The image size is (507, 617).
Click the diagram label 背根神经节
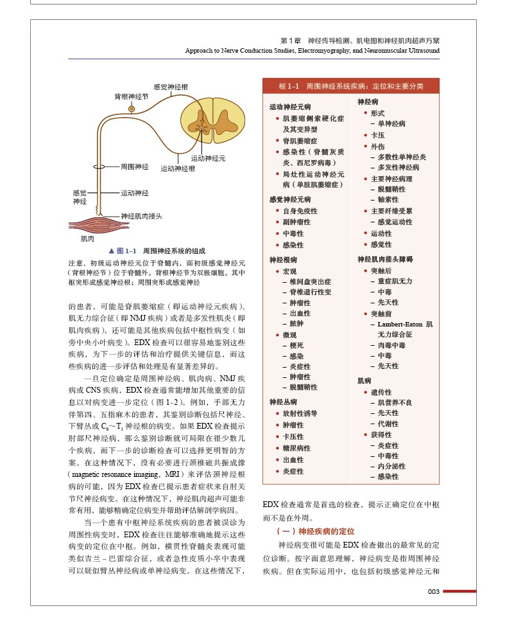(132, 96)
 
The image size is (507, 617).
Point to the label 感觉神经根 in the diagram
(171, 87)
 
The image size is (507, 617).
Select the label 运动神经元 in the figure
(208, 157)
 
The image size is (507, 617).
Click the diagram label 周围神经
(135, 167)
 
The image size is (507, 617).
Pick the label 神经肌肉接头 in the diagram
(141, 216)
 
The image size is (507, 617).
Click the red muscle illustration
(90, 225)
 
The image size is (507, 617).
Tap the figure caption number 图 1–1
(126, 251)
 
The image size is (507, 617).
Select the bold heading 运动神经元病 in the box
(290, 107)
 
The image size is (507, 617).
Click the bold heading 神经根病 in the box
(283, 260)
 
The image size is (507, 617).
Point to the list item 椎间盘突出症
(311, 282)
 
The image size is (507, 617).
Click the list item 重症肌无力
(395, 281)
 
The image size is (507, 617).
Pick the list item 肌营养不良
(395, 402)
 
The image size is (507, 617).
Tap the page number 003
(433, 592)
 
